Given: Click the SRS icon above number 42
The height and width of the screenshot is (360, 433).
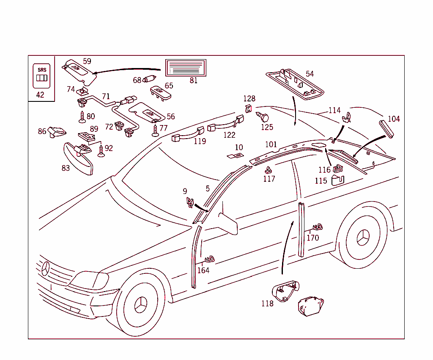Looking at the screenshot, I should coord(41,76).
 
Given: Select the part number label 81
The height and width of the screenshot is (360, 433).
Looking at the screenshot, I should coord(194,81).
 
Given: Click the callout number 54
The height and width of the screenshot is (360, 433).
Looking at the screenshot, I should coord(310,74).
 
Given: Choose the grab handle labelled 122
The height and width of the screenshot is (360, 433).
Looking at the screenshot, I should coord(225,123).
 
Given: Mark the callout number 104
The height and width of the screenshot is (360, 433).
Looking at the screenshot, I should coord(394,119).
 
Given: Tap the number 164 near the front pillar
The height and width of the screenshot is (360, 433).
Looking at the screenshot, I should coord(203,270).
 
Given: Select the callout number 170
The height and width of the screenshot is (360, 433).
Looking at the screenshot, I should coord(312,238).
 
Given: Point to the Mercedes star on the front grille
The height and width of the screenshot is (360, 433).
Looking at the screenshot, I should coord(46,269).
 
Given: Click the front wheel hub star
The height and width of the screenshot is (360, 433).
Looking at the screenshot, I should coord(140,305).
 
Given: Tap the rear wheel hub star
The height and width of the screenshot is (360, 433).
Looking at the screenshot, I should coord(363,239).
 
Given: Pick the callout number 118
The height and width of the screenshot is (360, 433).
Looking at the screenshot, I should coord(267,304).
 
